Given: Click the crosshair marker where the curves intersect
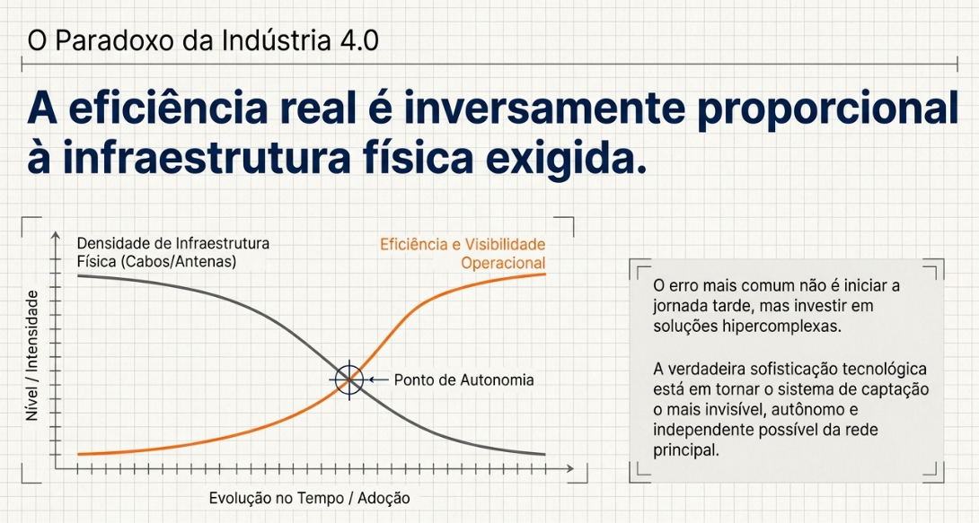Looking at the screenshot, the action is [349, 379].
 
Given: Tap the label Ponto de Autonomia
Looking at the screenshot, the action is [463, 379].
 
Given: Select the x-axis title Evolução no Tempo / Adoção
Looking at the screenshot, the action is [309, 498].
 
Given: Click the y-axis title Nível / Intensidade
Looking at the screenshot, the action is [31, 355].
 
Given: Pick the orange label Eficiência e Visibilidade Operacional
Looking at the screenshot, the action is [463, 253].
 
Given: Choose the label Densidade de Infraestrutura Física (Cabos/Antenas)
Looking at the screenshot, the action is [173, 252].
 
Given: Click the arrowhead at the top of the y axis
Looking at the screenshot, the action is [56, 235].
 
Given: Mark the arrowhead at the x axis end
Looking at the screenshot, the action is [569, 468].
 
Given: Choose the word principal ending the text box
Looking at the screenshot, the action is [686, 450].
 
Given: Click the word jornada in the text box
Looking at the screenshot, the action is [680, 306].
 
